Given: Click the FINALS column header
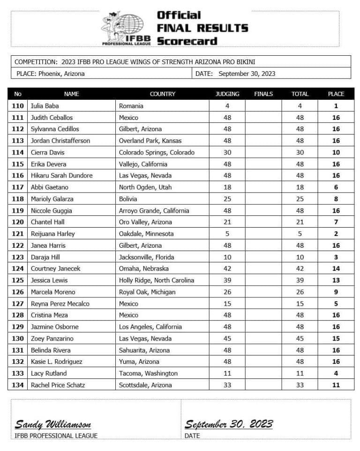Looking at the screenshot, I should tap(263, 94).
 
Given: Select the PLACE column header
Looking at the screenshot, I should tap(336, 94).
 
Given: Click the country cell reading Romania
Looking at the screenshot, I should tap(131, 106).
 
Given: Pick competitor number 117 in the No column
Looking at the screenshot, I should tap(18, 187).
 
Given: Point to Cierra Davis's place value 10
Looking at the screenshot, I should tap(336, 153).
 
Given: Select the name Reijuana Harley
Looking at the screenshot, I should tap(53, 234).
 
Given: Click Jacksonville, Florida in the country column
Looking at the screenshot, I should tap(146, 257).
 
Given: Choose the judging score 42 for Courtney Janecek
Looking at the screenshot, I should tap(227, 269).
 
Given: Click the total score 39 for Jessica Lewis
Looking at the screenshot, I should tap(300, 281).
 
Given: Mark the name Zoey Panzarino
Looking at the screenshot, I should tap(52, 339).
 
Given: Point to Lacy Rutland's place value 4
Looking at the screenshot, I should tap(336, 374).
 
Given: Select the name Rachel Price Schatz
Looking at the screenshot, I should tap(56, 385).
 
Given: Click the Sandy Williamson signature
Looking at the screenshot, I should tap(53, 425).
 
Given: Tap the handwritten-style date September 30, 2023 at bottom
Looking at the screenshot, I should tap(228, 424).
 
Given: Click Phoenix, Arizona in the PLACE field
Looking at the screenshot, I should tap(61, 74).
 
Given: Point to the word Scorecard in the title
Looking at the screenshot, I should tap(187, 41).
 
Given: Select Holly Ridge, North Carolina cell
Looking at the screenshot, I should tap(157, 281).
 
